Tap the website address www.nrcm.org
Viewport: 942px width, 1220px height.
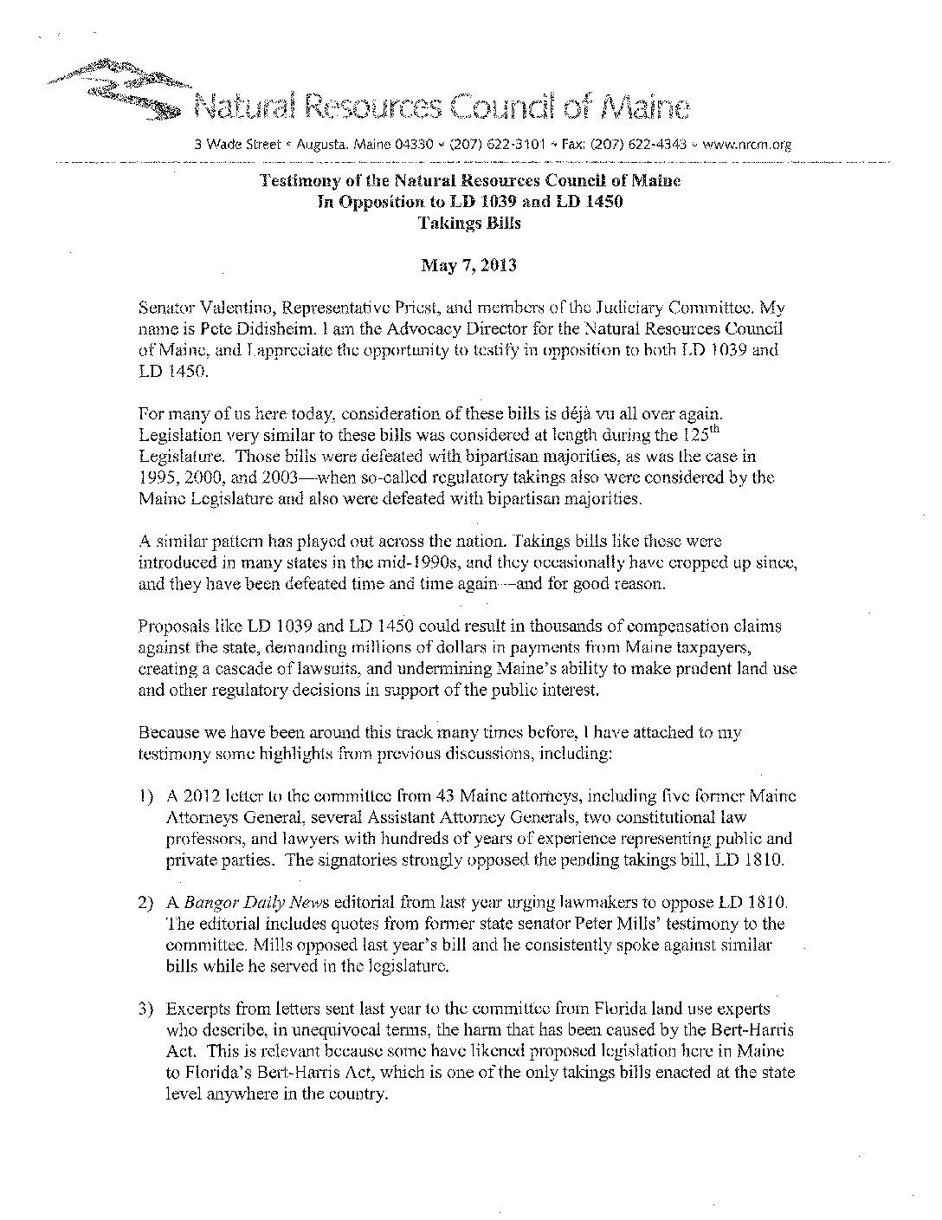point(747,145)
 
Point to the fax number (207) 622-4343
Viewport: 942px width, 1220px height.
point(637,145)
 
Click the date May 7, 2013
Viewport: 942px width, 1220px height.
point(468,265)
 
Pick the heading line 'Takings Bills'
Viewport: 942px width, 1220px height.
point(468,223)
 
